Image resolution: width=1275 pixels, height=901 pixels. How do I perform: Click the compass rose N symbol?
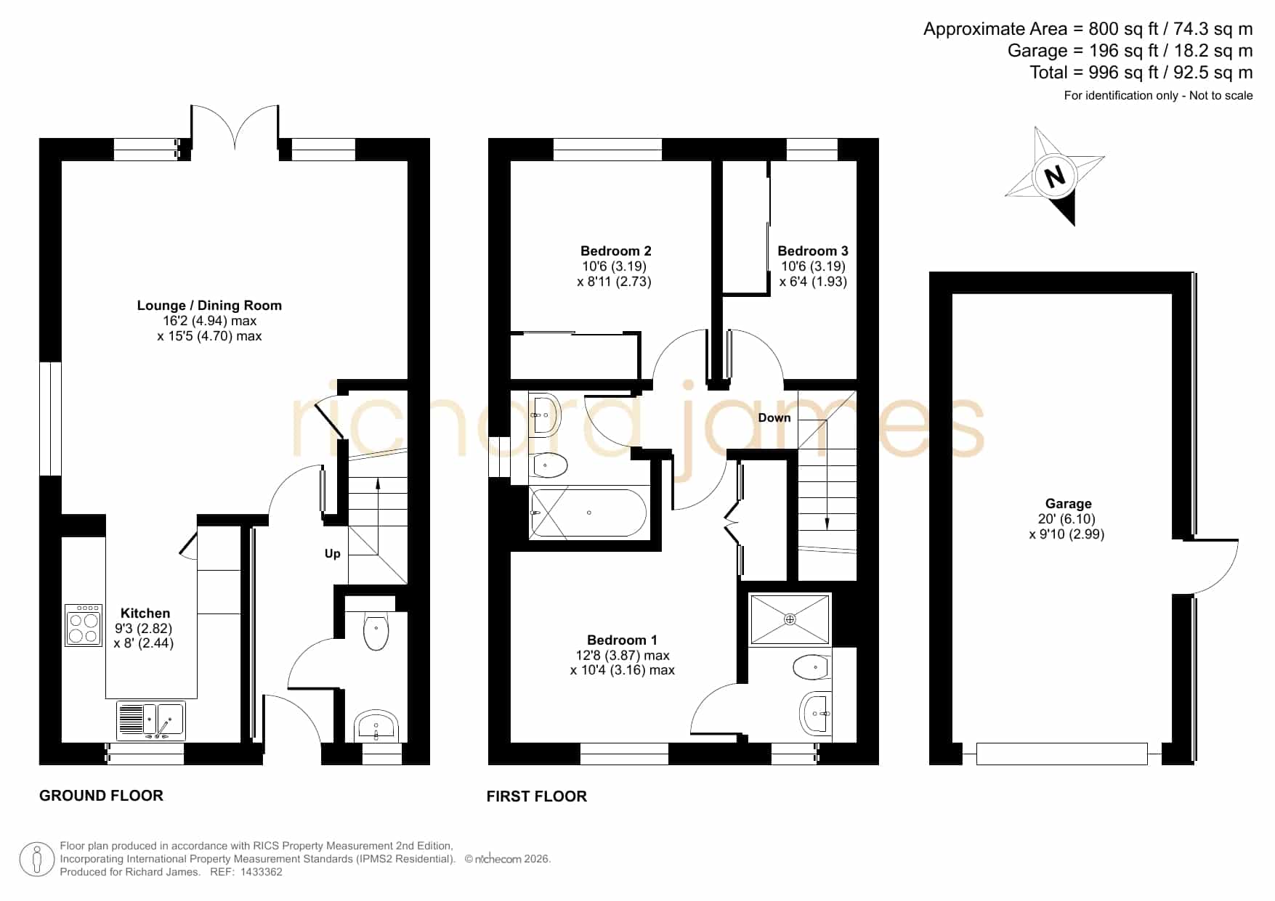coord(1054,176)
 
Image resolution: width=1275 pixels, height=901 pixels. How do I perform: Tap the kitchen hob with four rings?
coord(84,626)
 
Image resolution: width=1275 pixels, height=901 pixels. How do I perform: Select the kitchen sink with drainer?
coord(151,720)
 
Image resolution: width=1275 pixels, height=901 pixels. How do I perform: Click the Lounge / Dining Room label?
coord(209,306)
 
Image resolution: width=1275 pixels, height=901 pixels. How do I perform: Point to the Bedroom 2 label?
coord(616,251)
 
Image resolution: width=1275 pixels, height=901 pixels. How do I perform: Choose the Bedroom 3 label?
coord(813,251)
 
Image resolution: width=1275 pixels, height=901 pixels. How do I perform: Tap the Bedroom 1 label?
coord(622,640)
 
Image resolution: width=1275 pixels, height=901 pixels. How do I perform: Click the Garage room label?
coord(1068,504)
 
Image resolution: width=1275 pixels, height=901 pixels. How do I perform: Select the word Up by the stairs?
coord(333,554)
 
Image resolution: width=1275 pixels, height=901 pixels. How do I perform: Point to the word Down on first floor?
coord(774,417)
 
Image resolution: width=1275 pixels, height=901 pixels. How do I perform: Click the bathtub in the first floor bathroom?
coord(588,513)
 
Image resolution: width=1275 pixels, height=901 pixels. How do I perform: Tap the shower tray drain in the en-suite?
coord(790,619)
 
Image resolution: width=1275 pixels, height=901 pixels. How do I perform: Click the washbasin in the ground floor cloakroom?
coord(376,726)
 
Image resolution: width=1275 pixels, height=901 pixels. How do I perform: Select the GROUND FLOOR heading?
coord(101,796)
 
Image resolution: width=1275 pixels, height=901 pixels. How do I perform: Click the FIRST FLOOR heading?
coord(537,796)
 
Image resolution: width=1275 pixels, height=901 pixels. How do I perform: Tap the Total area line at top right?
coord(1141,73)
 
